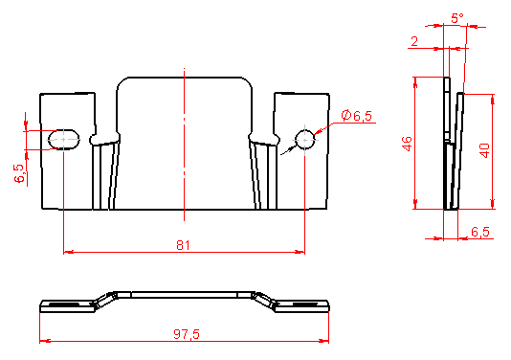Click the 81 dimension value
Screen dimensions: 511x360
pos(183,245)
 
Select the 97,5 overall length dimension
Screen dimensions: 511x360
pos(187,334)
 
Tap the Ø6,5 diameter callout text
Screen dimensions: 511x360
pos(357,116)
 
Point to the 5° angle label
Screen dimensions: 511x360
pos(457,18)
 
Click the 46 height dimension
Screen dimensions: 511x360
pos(407,144)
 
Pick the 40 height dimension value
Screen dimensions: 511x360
pos(485,150)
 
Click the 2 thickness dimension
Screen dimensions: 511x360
pos(414,42)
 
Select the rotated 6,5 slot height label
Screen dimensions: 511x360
pos(19,173)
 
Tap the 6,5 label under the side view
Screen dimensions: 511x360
pos(480,232)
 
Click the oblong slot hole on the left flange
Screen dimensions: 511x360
pos(64,140)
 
